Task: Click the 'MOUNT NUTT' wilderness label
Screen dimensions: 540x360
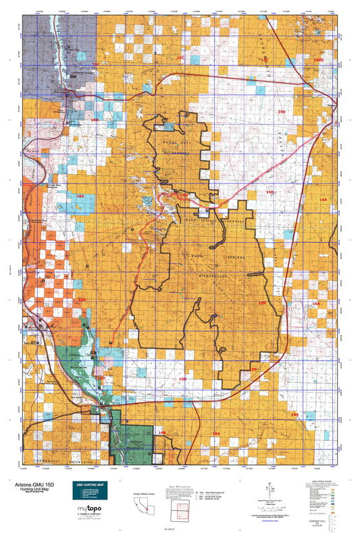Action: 172,143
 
